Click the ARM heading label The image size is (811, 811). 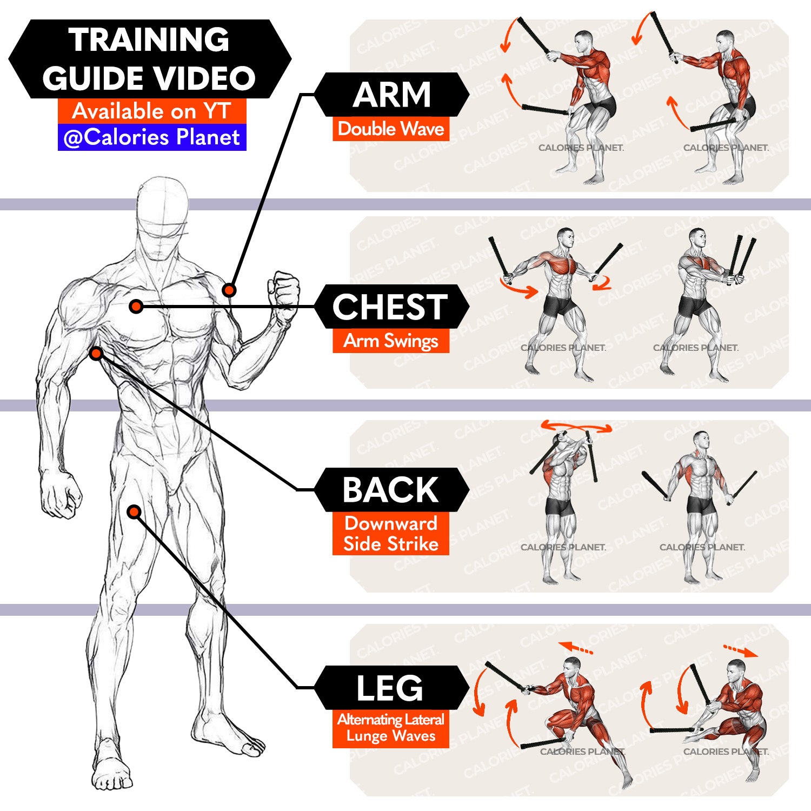pyautogui.click(x=391, y=95)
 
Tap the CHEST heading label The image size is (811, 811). pyautogui.click(x=390, y=307)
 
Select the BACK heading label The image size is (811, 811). pyautogui.click(x=390, y=490)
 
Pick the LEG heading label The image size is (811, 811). pyautogui.click(x=390, y=688)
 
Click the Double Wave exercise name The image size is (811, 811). pyautogui.click(x=391, y=129)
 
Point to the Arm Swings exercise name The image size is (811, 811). pyautogui.click(x=391, y=341)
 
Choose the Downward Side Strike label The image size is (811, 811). pyautogui.click(x=391, y=533)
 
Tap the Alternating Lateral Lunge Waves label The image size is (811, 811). pyautogui.click(x=391, y=728)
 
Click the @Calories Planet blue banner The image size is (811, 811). pyautogui.click(x=152, y=137)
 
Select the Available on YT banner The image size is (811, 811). pyautogui.click(x=152, y=111)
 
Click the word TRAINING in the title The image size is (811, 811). pyautogui.click(x=149, y=39)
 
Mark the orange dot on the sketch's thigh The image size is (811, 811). pyautogui.click(x=134, y=511)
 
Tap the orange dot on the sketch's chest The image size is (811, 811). pyautogui.click(x=136, y=307)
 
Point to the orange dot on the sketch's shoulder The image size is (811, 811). pyautogui.click(x=229, y=290)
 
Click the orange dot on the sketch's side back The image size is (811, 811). pyautogui.click(x=96, y=354)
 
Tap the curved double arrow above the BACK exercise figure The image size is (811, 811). pyautogui.click(x=576, y=427)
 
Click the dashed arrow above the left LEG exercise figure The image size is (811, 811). pyautogui.click(x=576, y=648)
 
